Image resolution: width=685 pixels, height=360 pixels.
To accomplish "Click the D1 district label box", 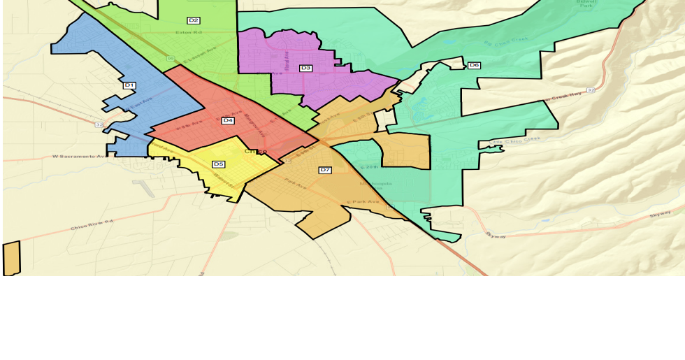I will [129, 85].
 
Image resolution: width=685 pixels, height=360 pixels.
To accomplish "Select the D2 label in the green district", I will [194, 20].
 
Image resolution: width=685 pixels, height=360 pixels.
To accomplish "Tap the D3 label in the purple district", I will [305, 68].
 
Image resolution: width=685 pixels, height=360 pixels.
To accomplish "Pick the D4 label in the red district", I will [228, 120].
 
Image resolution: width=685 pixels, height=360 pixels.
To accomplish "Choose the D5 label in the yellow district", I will [219, 164].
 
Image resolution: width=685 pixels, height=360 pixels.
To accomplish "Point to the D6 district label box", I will [474, 65].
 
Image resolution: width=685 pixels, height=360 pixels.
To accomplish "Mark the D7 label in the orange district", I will [325, 170].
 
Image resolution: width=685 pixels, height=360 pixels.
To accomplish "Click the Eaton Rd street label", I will [188, 32].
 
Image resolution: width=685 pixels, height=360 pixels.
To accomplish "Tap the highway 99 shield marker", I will [171, 58].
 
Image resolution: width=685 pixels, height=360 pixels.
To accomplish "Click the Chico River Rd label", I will [92, 224].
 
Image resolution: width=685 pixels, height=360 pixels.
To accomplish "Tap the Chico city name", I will [255, 151].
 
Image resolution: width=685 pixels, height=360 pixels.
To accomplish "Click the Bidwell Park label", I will [586, 3].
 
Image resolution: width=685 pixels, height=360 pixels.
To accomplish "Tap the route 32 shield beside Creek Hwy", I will [591, 90].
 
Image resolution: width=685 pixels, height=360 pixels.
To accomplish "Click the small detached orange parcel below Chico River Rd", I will [12, 259].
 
